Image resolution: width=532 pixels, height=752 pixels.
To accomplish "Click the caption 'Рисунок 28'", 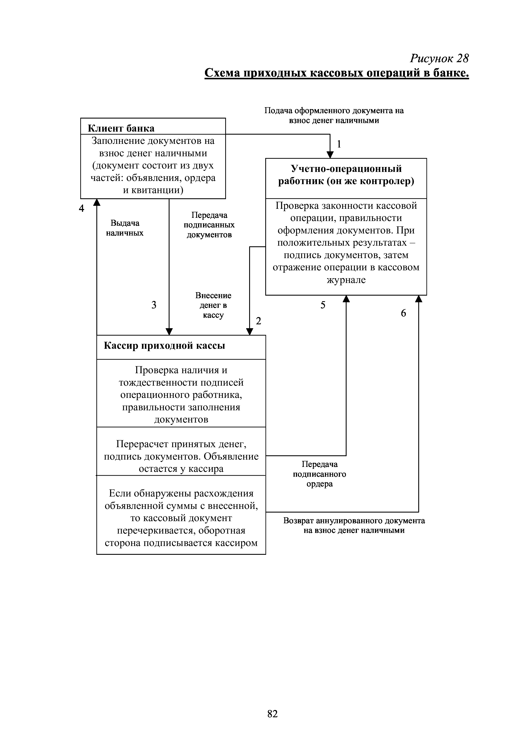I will pos(439,59).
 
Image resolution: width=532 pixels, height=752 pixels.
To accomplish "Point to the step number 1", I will pos(339,144).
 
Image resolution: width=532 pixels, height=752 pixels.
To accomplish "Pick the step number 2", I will pos(258,321).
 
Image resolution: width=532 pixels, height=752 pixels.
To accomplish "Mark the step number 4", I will pos(82,208).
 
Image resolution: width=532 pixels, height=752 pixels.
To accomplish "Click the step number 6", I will pos(403,313).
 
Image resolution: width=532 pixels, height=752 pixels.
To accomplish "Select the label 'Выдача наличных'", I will pos(125,228).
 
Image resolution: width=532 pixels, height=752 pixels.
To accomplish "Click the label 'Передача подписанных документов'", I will pos(209,225).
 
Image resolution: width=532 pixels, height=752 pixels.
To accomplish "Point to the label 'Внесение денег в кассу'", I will pos(213,305).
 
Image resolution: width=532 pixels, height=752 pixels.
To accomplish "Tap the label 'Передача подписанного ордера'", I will pos(320,474).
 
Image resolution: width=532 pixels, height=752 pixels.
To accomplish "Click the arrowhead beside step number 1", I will pos(330,155).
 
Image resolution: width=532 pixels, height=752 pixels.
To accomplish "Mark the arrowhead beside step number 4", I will pos(97,202).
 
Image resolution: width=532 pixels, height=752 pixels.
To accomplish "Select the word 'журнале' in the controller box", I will pos(346,280).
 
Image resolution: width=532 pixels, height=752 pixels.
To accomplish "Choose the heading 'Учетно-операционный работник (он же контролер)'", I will pos(346,175).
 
